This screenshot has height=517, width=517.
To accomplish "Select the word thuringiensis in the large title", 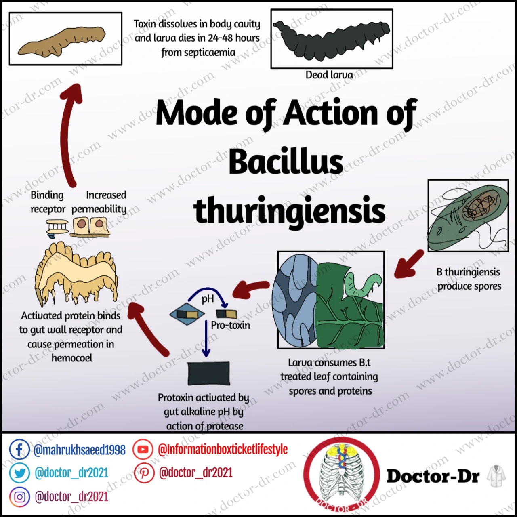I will [x=289, y=210].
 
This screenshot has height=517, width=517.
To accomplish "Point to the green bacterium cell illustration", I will [x=467, y=216].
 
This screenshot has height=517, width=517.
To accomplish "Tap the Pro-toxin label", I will [x=230, y=325].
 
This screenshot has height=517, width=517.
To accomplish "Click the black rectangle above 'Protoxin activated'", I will [x=208, y=373].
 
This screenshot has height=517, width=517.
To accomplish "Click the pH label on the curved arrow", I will [x=208, y=299].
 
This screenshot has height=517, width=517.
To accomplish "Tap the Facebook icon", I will [x=19, y=449].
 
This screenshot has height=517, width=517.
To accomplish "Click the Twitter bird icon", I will [x=19, y=473].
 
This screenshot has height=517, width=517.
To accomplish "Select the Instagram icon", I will [x=19, y=497].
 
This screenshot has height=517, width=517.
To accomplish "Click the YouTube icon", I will [x=143, y=449].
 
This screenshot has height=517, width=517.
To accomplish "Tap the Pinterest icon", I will [x=144, y=473].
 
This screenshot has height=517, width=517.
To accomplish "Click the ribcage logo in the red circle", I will [x=341, y=477].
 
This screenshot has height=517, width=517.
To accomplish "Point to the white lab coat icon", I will [x=496, y=476].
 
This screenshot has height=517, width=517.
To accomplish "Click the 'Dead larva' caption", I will [x=329, y=75].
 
